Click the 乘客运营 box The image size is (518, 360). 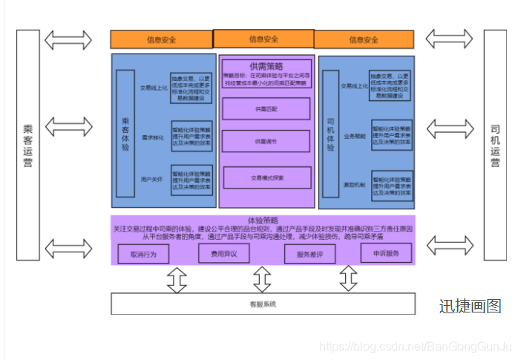[x=27, y=145]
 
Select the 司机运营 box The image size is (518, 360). [x=495, y=145]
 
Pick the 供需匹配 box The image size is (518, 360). [x=266, y=108]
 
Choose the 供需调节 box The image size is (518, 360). [x=266, y=141]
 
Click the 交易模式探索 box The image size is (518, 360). [x=266, y=177]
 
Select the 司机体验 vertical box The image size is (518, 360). [x=331, y=134]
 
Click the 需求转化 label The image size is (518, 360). [x=152, y=137]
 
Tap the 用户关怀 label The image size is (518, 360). [x=152, y=180]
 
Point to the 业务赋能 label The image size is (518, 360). [x=354, y=136]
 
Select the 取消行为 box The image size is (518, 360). [x=143, y=254]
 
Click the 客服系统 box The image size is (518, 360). [x=263, y=304]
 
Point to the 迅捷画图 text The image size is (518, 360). [x=470, y=306]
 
